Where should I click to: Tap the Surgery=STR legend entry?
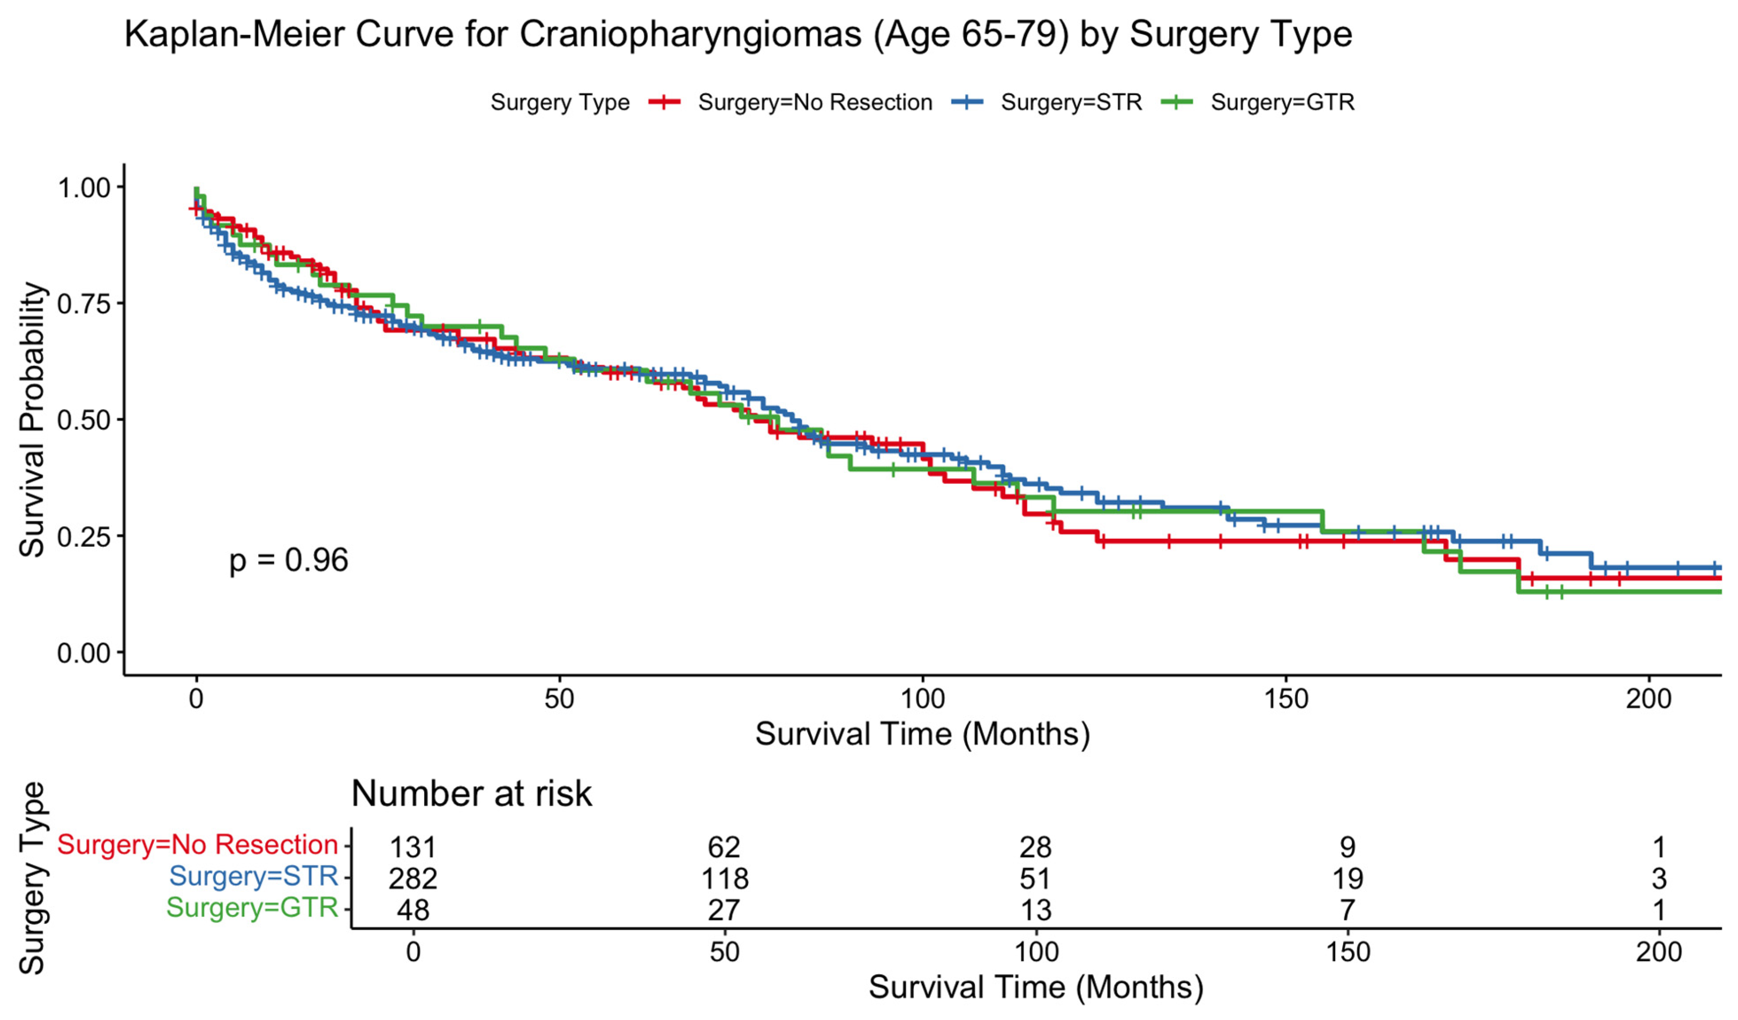coord(1047,102)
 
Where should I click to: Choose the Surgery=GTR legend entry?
coord(1258,102)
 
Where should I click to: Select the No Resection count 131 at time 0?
coord(413,847)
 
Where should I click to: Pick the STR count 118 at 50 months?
coord(725,879)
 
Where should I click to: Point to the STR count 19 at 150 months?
coord(1348,879)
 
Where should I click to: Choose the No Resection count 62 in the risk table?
coord(724,847)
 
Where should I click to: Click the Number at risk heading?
coord(472,794)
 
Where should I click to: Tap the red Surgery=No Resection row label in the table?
coord(197,845)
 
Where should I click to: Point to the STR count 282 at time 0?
coord(413,879)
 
